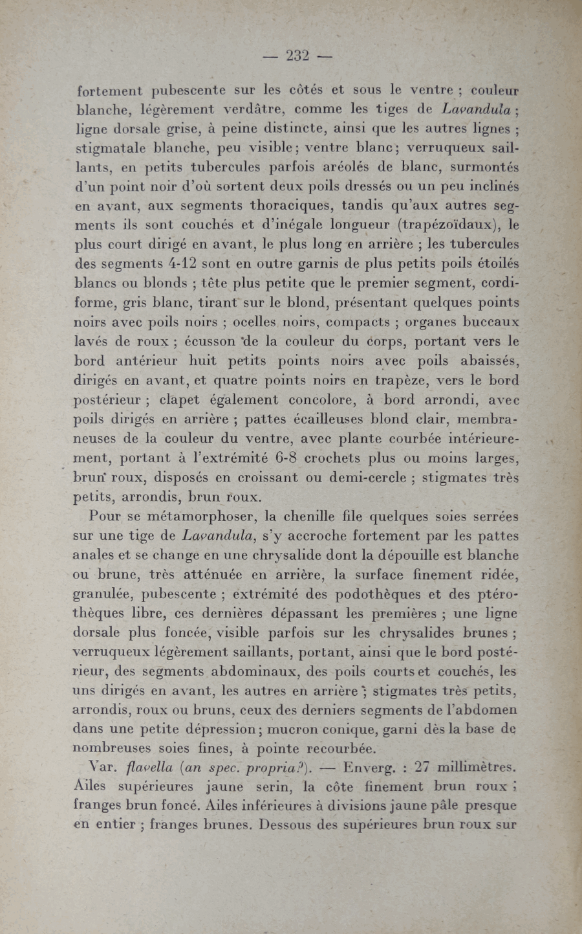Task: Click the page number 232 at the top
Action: tap(297, 56)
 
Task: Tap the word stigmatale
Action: tap(111, 148)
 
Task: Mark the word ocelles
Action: tap(254, 322)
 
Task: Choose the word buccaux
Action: tap(491, 322)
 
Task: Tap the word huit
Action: tap(202, 361)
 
